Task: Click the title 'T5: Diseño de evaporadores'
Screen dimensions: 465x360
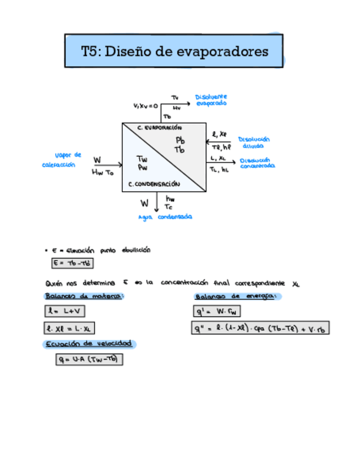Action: click(x=175, y=52)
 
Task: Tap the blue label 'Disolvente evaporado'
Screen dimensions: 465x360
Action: click(x=211, y=100)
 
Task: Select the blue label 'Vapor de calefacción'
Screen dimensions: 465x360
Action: click(x=61, y=160)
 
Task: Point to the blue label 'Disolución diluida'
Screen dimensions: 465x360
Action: click(x=254, y=143)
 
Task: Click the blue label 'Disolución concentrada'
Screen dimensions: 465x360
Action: click(x=257, y=163)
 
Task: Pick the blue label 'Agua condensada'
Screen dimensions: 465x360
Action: click(x=165, y=217)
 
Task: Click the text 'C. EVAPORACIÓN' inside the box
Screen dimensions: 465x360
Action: click(x=159, y=127)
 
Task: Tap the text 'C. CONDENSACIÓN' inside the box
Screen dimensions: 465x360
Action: click(x=154, y=185)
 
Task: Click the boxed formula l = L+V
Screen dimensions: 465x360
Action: click(x=65, y=311)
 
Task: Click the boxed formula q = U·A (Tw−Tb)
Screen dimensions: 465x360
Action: click(x=89, y=360)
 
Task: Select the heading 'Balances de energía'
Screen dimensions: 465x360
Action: click(x=238, y=296)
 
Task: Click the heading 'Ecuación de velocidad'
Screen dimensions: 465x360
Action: click(x=89, y=344)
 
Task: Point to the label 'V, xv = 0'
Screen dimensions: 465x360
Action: click(x=145, y=105)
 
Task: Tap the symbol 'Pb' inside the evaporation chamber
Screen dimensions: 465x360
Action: click(x=180, y=140)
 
